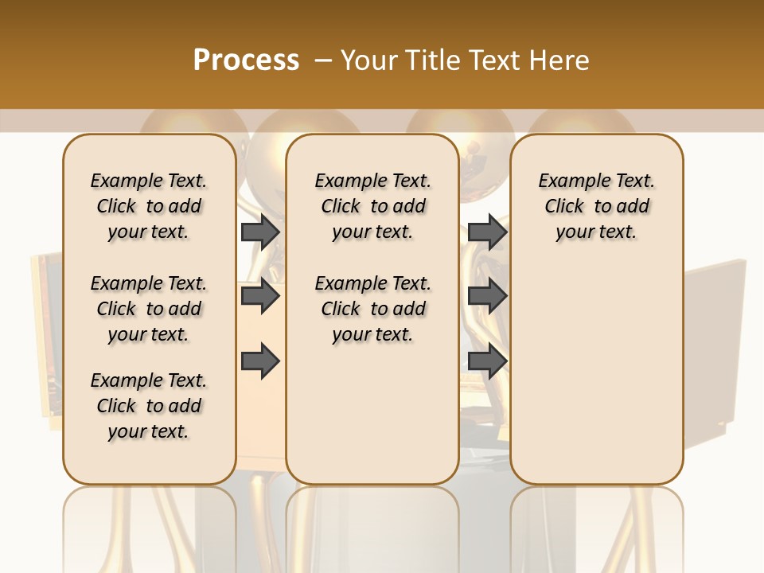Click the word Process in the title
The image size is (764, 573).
[x=246, y=60]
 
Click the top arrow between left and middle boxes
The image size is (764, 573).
[x=260, y=232]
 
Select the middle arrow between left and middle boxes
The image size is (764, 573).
[x=260, y=296]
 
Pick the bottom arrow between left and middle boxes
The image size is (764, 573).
[x=260, y=361]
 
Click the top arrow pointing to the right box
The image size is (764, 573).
[x=487, y=232]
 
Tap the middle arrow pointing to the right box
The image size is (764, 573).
[x=487, y=296]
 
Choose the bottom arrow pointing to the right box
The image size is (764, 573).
[x=487, y=361]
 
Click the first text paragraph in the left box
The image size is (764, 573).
[x=149, y=206]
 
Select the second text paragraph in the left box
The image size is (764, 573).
[x=149, y=309]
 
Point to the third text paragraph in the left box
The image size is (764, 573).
[x=149, y=406]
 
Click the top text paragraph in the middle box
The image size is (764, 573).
[x=372, y=206]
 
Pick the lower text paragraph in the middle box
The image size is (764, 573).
[x=372, y=309]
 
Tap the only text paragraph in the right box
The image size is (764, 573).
[x=596, y=206]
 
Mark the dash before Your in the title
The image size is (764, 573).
[x=323, y=60]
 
